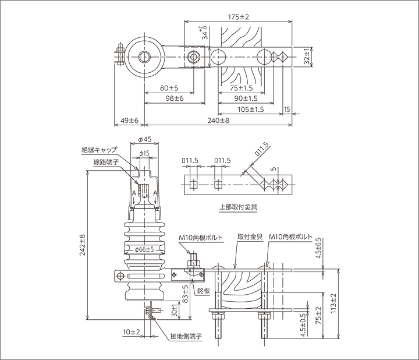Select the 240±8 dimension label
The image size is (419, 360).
click(x=217, y=120)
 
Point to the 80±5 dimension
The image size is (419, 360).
click(x=168, y=88)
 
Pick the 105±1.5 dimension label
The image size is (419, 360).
click(x=251, y=109)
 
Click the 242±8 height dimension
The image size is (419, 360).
click(x=83, y=245)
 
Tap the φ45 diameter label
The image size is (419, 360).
click(x=145, y=140)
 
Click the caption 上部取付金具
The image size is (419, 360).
click(x=238, y=206)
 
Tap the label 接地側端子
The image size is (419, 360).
click(x=186, y=336)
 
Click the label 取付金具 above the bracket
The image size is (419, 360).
click(x=248, y=238)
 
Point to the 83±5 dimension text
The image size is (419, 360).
click(x=184, y=294)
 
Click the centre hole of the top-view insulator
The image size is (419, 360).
click(x=143, y=57)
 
